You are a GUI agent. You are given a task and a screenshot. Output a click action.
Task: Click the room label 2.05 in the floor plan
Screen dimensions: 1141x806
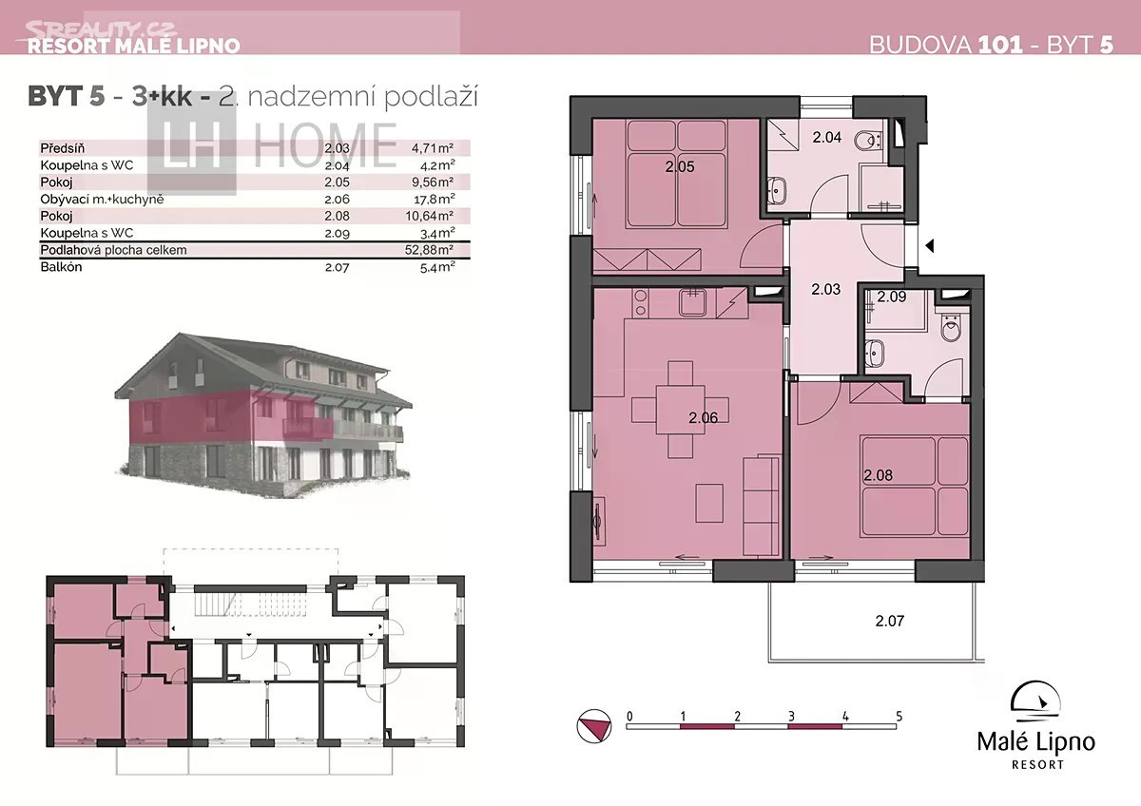click(x=680, y=166)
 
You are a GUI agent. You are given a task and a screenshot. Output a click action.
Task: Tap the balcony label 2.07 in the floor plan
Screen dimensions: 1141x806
click(x=889, y=621)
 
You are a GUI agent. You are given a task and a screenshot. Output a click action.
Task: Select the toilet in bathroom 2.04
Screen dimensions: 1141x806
click(x=867, y=141)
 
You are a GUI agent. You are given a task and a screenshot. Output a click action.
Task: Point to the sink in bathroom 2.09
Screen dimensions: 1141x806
click(x=875, y=353)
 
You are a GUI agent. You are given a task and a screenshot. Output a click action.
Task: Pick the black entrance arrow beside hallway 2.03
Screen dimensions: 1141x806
click(x=929, y=246)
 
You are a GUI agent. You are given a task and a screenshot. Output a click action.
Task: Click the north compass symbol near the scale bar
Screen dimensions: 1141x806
click(x=594, y=725)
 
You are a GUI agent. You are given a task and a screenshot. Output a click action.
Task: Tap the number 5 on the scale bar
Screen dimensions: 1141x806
click(x=899, y=717)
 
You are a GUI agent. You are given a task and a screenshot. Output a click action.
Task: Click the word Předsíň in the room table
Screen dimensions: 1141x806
click(x=62, y=148)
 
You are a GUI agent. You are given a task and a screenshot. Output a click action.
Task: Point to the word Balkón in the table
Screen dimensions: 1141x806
click(x=61, y=267)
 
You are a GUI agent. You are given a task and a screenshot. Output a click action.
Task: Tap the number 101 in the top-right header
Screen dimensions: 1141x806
click(x=1000, y=45)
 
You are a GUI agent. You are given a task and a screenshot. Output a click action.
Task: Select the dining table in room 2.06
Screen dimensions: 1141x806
click(x=680, y=410)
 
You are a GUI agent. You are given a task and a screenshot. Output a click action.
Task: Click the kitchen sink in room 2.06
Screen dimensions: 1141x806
click(x=692, y=302)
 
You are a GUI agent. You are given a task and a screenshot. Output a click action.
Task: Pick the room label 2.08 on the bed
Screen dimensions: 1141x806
click(x=879, y=475)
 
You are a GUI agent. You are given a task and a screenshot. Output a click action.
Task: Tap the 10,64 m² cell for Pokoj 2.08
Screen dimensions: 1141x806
click(x=430, y=216)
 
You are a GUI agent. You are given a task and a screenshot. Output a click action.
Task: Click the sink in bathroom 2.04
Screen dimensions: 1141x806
click(x=778, y=190)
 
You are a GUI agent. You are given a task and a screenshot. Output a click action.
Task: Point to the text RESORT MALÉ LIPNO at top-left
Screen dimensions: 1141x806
click(x=133, y=46)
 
